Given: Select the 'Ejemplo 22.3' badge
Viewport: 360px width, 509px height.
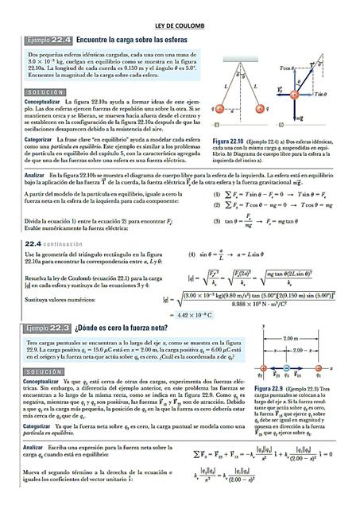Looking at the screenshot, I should (47, 327).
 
